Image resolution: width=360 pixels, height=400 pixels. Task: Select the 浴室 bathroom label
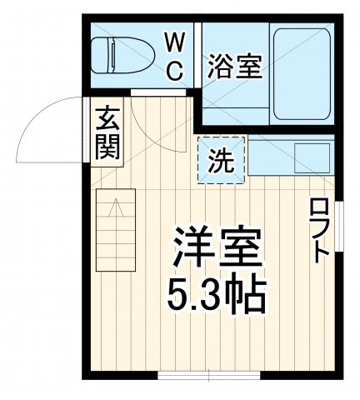click(x=234, y=66)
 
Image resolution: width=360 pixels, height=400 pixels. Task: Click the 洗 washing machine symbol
click(x=221, y=160)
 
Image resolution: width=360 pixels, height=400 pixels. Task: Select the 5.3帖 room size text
click(x=218, y=292)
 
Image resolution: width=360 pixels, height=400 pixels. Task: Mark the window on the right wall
click(x=341, y=229)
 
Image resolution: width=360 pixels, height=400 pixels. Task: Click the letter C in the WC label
click(x=175, y=71)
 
